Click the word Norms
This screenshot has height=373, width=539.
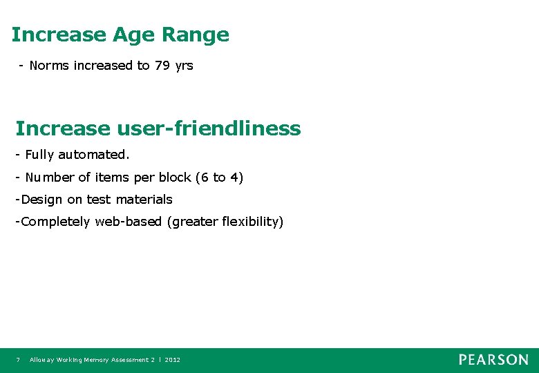click(x=48, y=66)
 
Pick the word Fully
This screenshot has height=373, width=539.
click(x=40, y=155)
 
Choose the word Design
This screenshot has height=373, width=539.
click(x=42, y=200)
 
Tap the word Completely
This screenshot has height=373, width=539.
click(x=56, y=222)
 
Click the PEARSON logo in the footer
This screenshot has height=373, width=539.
click(x=493, y=360)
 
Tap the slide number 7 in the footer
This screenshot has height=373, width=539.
click(x=18, y=360)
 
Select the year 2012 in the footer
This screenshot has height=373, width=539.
click(x=172, y=360)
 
